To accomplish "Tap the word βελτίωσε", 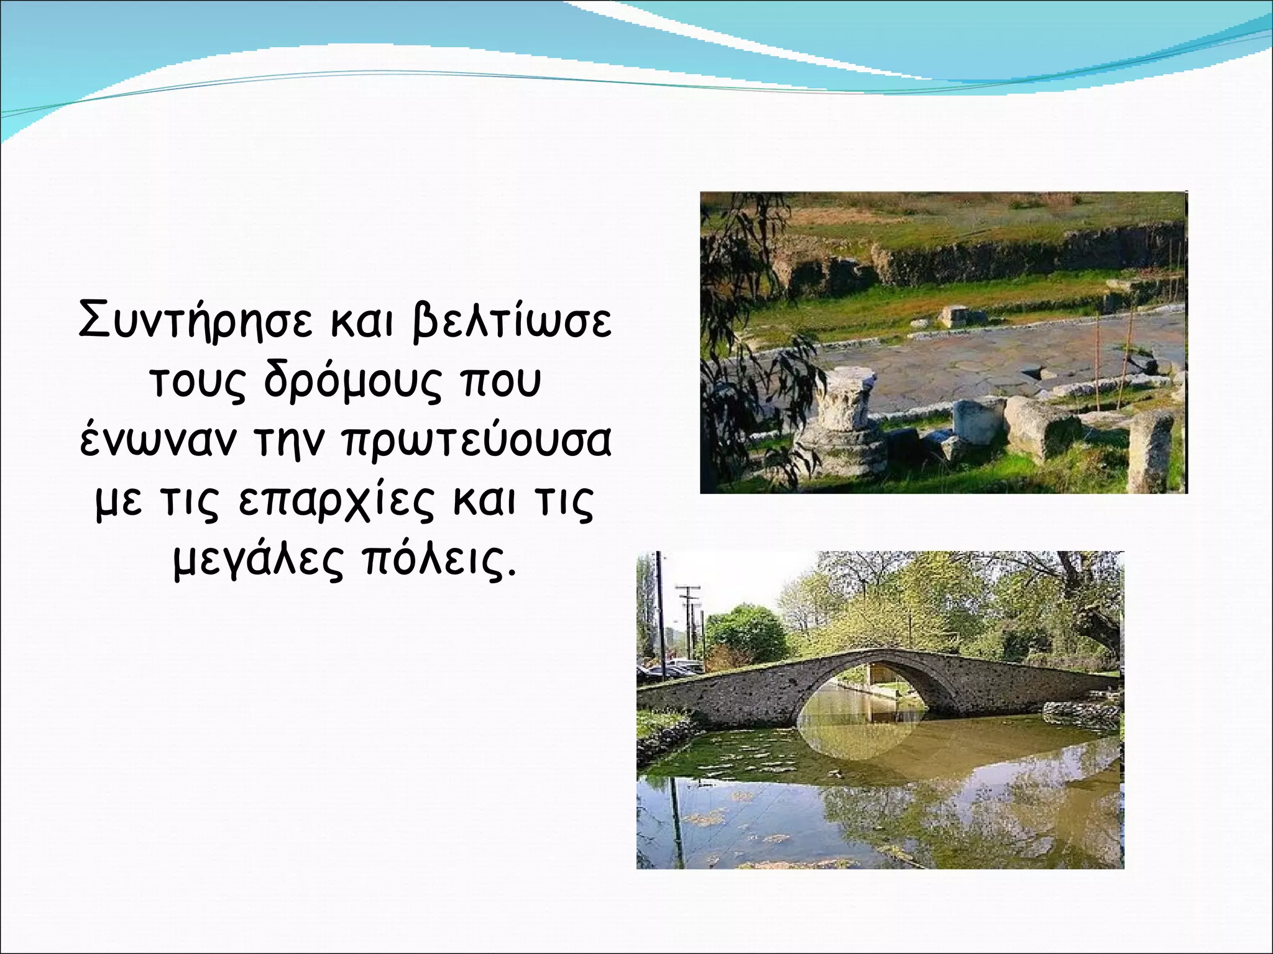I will [x=512, y=320].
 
